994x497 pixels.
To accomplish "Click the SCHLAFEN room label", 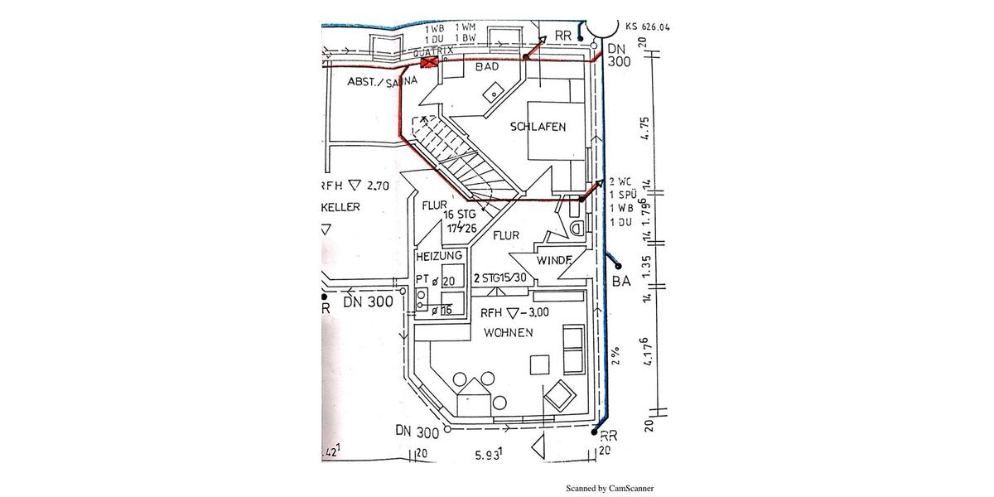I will click(538, 127).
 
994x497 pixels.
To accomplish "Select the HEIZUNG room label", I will click(440, 256).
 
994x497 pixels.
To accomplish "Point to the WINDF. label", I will click(554, 261).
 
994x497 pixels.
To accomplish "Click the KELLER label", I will click(341, 207).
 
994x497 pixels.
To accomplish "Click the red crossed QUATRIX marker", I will click(429, 63).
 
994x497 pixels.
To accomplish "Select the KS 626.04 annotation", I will click(648, 27).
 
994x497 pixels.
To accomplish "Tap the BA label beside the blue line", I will click(621, 282).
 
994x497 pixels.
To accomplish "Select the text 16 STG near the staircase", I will click(460, 215).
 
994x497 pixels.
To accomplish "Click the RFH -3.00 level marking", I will click(514, 312).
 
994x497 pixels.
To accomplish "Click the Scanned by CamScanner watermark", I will click(610, 488).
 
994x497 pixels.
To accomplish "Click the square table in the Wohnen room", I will click(540, 364).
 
